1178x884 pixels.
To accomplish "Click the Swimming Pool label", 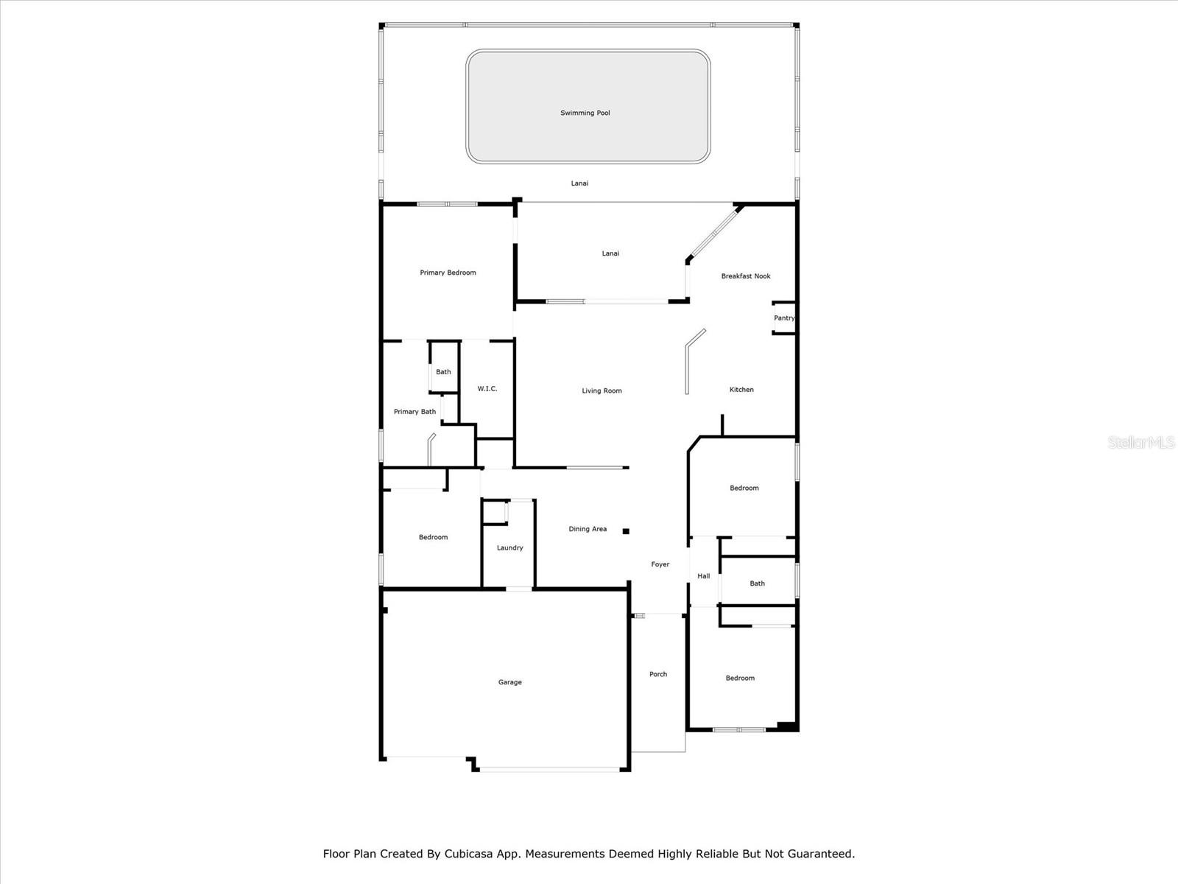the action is point(585,113).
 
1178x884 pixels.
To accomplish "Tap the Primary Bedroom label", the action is point(448,273).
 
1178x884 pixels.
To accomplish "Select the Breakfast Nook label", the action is point(745,276).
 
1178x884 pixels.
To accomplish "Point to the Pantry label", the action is point(784,318).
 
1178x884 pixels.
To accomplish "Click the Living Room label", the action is point(602,390).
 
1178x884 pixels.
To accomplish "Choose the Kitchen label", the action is point(741,390).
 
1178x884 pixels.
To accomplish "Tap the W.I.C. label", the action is point(487,389).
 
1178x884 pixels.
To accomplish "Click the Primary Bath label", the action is point(415,412).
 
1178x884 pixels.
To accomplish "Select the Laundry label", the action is point(509,548).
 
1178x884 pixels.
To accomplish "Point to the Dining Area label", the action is point(588,529).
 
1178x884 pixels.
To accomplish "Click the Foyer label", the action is point(660,564).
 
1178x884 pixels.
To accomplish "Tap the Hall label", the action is point(704,576).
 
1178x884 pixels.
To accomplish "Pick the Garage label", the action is point(509,682).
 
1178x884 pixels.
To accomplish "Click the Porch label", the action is point(658,674).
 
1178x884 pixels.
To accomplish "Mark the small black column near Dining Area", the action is point(626,531).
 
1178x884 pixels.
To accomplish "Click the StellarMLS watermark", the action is point(1141,443).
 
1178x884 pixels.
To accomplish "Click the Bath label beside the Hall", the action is point(758,583).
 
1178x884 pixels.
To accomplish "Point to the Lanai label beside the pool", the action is point(579,183).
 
